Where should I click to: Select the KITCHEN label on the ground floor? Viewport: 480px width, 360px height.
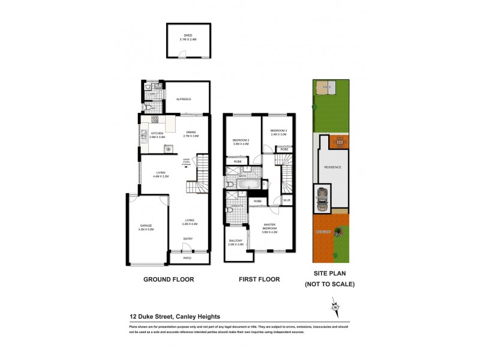(x=157, y=134)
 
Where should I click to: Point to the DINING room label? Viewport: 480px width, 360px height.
(x=191, y=134)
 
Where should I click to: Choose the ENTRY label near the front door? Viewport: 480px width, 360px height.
(x=188, y=239)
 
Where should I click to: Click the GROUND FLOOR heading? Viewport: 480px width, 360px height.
(x=168, y=280)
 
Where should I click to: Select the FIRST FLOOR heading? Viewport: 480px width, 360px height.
(x=260, y=280)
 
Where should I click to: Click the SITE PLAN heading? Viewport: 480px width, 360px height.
(x=330, y=274)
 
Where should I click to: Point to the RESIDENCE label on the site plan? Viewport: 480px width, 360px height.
(x=332, y=167)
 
